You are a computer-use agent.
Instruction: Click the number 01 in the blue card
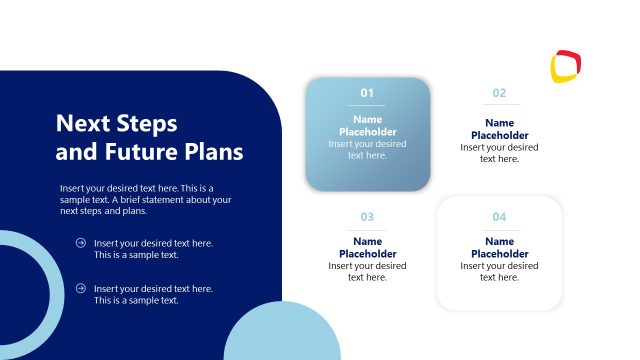367,93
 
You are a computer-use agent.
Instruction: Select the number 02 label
499,93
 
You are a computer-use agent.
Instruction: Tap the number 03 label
367,217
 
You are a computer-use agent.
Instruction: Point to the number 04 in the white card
499,217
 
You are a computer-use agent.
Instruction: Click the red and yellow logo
565,66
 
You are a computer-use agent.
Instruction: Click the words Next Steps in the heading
116,124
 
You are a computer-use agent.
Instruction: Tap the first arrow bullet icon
80,243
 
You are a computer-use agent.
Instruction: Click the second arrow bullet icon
80,288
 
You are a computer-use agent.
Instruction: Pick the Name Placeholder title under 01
367,126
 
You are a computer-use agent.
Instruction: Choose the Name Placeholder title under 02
499,129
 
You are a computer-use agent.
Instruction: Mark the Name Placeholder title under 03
367,248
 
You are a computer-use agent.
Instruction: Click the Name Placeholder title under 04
499,248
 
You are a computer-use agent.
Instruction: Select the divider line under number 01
367,105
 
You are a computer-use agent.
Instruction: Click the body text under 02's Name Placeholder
499,153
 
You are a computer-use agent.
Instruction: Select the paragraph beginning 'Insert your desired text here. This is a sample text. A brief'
145,199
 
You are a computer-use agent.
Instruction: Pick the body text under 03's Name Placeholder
367,272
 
